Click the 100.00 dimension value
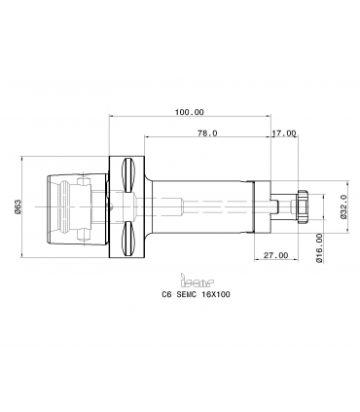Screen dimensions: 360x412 coord(190,112)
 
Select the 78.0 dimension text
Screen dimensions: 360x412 coord(207,133)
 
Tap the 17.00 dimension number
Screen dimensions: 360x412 coord(284,133)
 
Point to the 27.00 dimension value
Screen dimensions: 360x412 coord(275,255)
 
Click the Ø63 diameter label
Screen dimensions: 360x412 coord(18,206)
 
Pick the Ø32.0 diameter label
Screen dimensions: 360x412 coord(344,206)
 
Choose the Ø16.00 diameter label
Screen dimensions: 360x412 coord(319,247)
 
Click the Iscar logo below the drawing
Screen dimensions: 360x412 coord(197,281)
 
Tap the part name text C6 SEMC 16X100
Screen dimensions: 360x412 coord(196,294)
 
